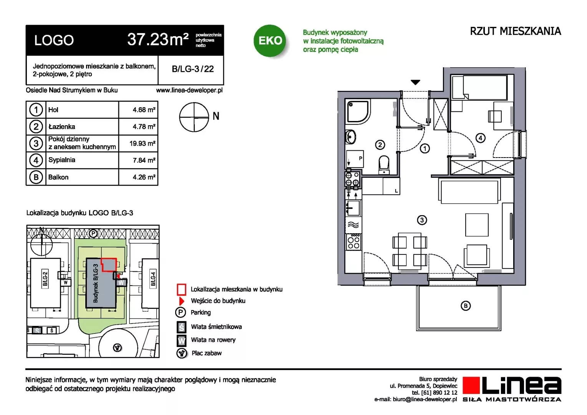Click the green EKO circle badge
click(x=270, y=40)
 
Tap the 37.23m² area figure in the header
click(x=158, y=40)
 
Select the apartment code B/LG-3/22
click(x=192, y=69)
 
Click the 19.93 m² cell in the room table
click(x=142, y=143)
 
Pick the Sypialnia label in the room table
click(x=61, y=160)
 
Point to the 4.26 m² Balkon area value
click(x=144, y=177)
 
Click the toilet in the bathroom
click(x=384, y=164)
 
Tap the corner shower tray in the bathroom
click(x=358, y=112)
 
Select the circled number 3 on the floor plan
click(x=422, y=220)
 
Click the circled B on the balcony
click(x=465, y=306)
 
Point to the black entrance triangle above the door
click(x=415, y=82)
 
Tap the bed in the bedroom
click(x=479, y=87)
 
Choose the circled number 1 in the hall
click(x=424, y=149)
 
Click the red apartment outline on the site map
click(x=109, y=264)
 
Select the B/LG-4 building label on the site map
click(x=153, y=279)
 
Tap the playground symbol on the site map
click(x=117, y=348)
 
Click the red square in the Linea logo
click(x=471, y=385)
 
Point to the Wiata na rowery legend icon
click(x=181, y=340)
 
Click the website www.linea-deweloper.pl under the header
click(x=189, y=90)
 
